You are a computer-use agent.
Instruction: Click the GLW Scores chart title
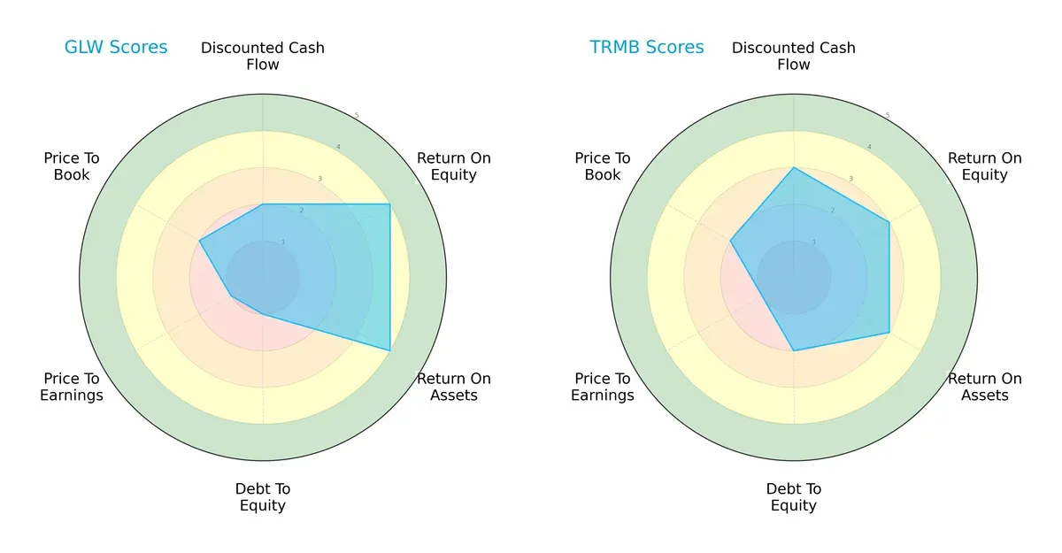[x=116, y=48]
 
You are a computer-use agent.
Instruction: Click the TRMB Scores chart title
[x=647, y=48]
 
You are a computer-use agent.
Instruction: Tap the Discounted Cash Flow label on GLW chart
[x=263, y=56]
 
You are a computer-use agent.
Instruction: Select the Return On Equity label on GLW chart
[x=454, y=166]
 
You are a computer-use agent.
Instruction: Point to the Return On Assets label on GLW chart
[x=454, y=387]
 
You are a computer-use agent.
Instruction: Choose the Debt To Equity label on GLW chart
[x=263, y=497]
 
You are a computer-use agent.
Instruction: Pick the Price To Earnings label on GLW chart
[x=72, y=387]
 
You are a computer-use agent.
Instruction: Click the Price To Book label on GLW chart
[x=72, y=166]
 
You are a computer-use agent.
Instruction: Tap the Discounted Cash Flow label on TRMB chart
[x=794, y=56]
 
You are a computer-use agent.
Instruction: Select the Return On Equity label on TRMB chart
[x=985, y=166]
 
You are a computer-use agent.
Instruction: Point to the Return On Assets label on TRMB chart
[x=985, y=387]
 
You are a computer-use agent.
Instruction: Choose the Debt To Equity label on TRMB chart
[x=794, y=497]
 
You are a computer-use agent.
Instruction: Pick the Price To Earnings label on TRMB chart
[x=603, y=387]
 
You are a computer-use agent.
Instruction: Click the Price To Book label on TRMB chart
[x=603, y=166]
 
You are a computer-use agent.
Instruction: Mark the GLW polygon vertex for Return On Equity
[x=390, y=204]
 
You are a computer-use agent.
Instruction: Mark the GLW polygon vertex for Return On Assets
[x=390, y=350]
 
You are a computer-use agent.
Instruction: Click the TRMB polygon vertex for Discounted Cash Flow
[x=794, y=167]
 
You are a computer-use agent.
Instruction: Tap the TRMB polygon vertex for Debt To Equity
[x=794, y=350]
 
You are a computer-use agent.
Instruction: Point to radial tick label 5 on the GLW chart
[x=357, y=116]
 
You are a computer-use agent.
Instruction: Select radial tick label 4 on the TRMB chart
[x=869, y=147]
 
